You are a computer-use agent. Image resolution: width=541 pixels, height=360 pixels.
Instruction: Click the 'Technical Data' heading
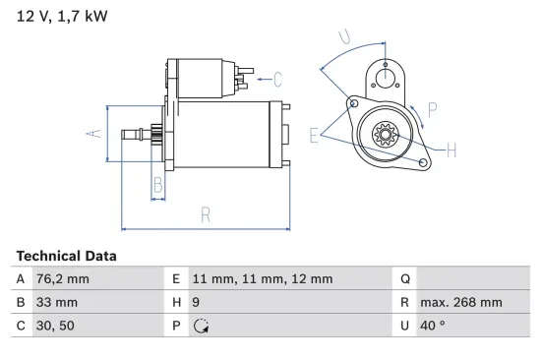[66, 256]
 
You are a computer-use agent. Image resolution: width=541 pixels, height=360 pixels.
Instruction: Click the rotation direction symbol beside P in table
[203, 325]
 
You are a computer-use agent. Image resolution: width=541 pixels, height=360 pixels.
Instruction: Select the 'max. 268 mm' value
[460, 302]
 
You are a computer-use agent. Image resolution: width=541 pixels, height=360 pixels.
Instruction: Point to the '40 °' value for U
[432, 325]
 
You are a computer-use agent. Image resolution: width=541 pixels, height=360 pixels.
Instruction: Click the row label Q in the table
[404, 279]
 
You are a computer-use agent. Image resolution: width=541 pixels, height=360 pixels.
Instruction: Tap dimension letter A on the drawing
[96, 133]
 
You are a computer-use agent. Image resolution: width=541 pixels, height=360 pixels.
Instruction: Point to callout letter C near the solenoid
[277, 78]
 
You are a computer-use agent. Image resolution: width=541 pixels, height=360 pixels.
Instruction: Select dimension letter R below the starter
[206, 213]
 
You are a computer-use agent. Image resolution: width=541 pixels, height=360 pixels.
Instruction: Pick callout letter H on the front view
[451, 150]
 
